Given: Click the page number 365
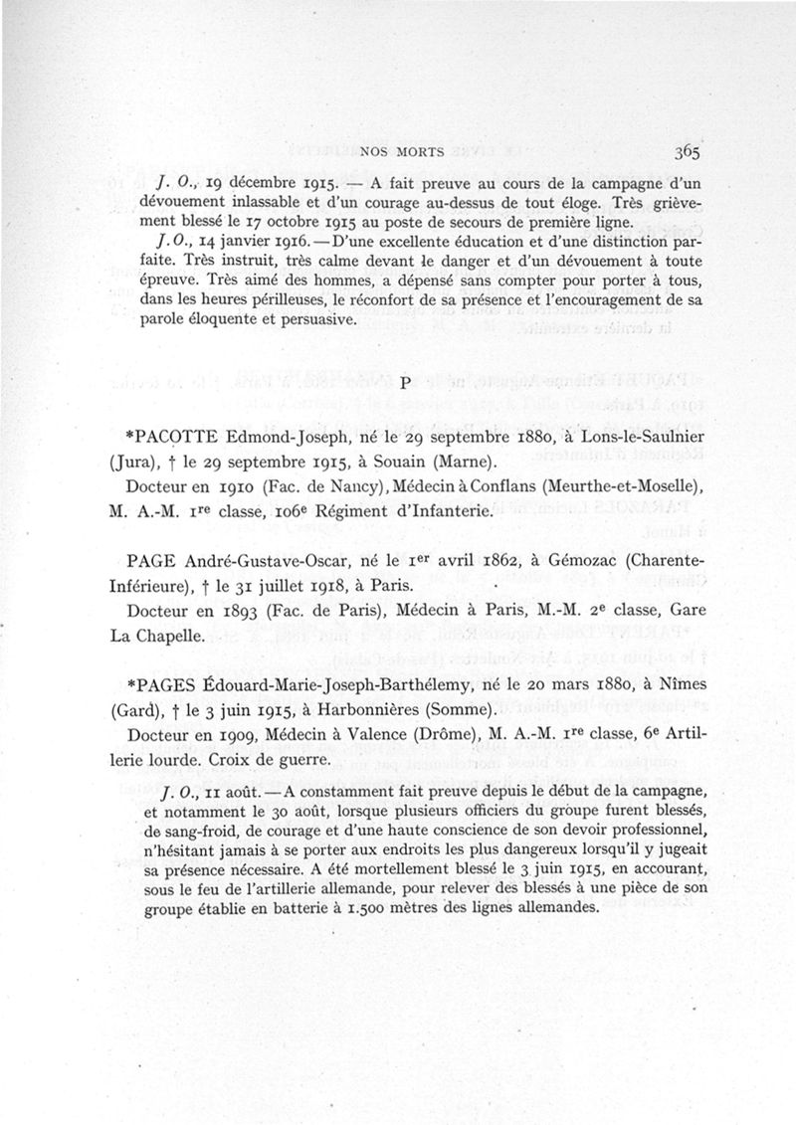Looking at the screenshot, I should coord(687,152).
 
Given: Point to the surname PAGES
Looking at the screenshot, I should coord(167,685).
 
